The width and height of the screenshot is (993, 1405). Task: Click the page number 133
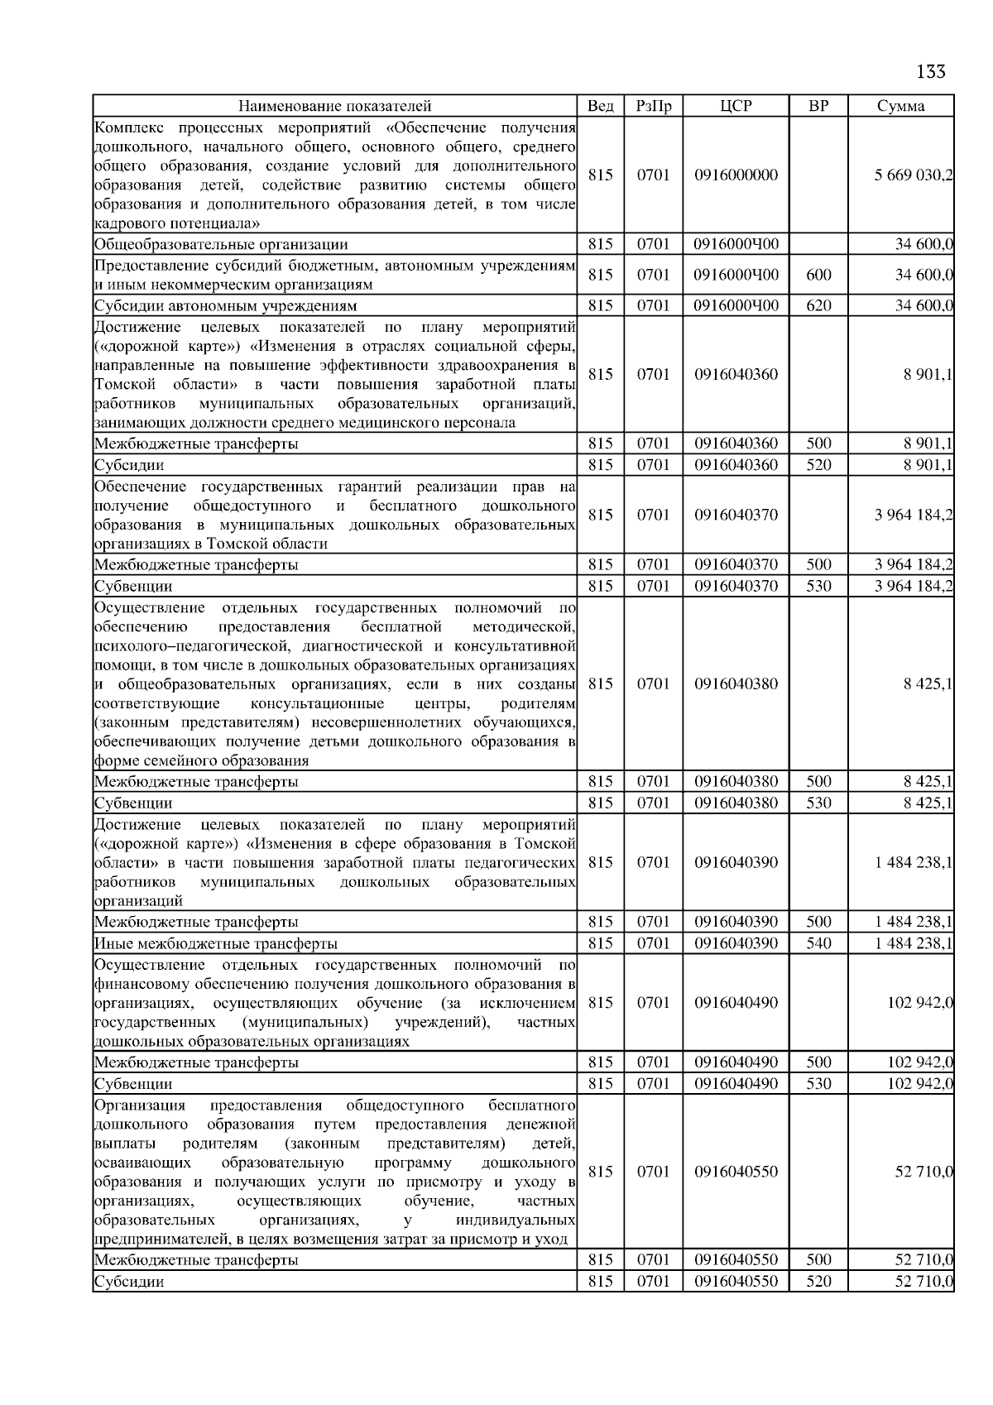click(931, 72)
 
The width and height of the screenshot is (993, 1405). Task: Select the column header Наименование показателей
click(334, 106)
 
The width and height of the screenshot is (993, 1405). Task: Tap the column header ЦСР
click(736, 106)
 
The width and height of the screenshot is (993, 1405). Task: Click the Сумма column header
click(901, 106)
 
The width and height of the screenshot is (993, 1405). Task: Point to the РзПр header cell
click(653, 106)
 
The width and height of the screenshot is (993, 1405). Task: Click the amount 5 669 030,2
click(914, 175)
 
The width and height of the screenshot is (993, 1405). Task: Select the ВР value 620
click(818, 305)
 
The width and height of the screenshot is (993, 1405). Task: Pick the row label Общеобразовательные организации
click(221, 244)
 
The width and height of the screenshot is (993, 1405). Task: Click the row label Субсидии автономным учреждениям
click(225, 305)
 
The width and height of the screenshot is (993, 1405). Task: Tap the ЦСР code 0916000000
click(736, 175)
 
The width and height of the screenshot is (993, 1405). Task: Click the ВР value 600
click(818, 275)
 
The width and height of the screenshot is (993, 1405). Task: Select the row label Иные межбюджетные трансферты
click(216, 943)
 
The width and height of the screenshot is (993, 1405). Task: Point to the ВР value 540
click(818, 943)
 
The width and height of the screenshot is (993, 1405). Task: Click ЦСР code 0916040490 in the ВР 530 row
click(736, 1084)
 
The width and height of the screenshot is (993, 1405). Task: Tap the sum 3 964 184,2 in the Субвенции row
click(914, 586)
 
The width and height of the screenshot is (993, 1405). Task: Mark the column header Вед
click(600, 106)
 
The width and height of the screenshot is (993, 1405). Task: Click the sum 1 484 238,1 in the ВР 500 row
click(914, 922)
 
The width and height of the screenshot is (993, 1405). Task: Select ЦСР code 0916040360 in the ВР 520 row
click(736, 465)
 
